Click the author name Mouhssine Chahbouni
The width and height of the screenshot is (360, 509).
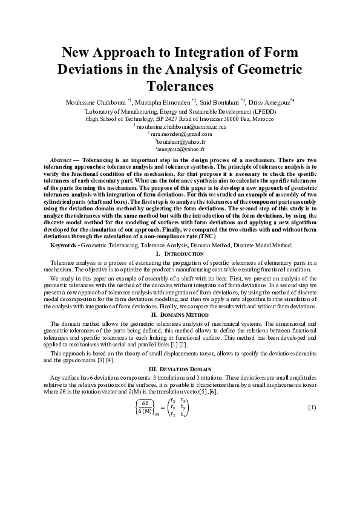95,101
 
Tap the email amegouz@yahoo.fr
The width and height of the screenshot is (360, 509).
181,148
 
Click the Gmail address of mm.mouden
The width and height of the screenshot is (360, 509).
181,134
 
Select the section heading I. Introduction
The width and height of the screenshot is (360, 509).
180,253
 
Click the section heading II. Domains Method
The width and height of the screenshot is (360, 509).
180,315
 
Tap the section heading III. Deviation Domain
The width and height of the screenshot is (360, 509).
180,368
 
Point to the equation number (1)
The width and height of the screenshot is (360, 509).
312,407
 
